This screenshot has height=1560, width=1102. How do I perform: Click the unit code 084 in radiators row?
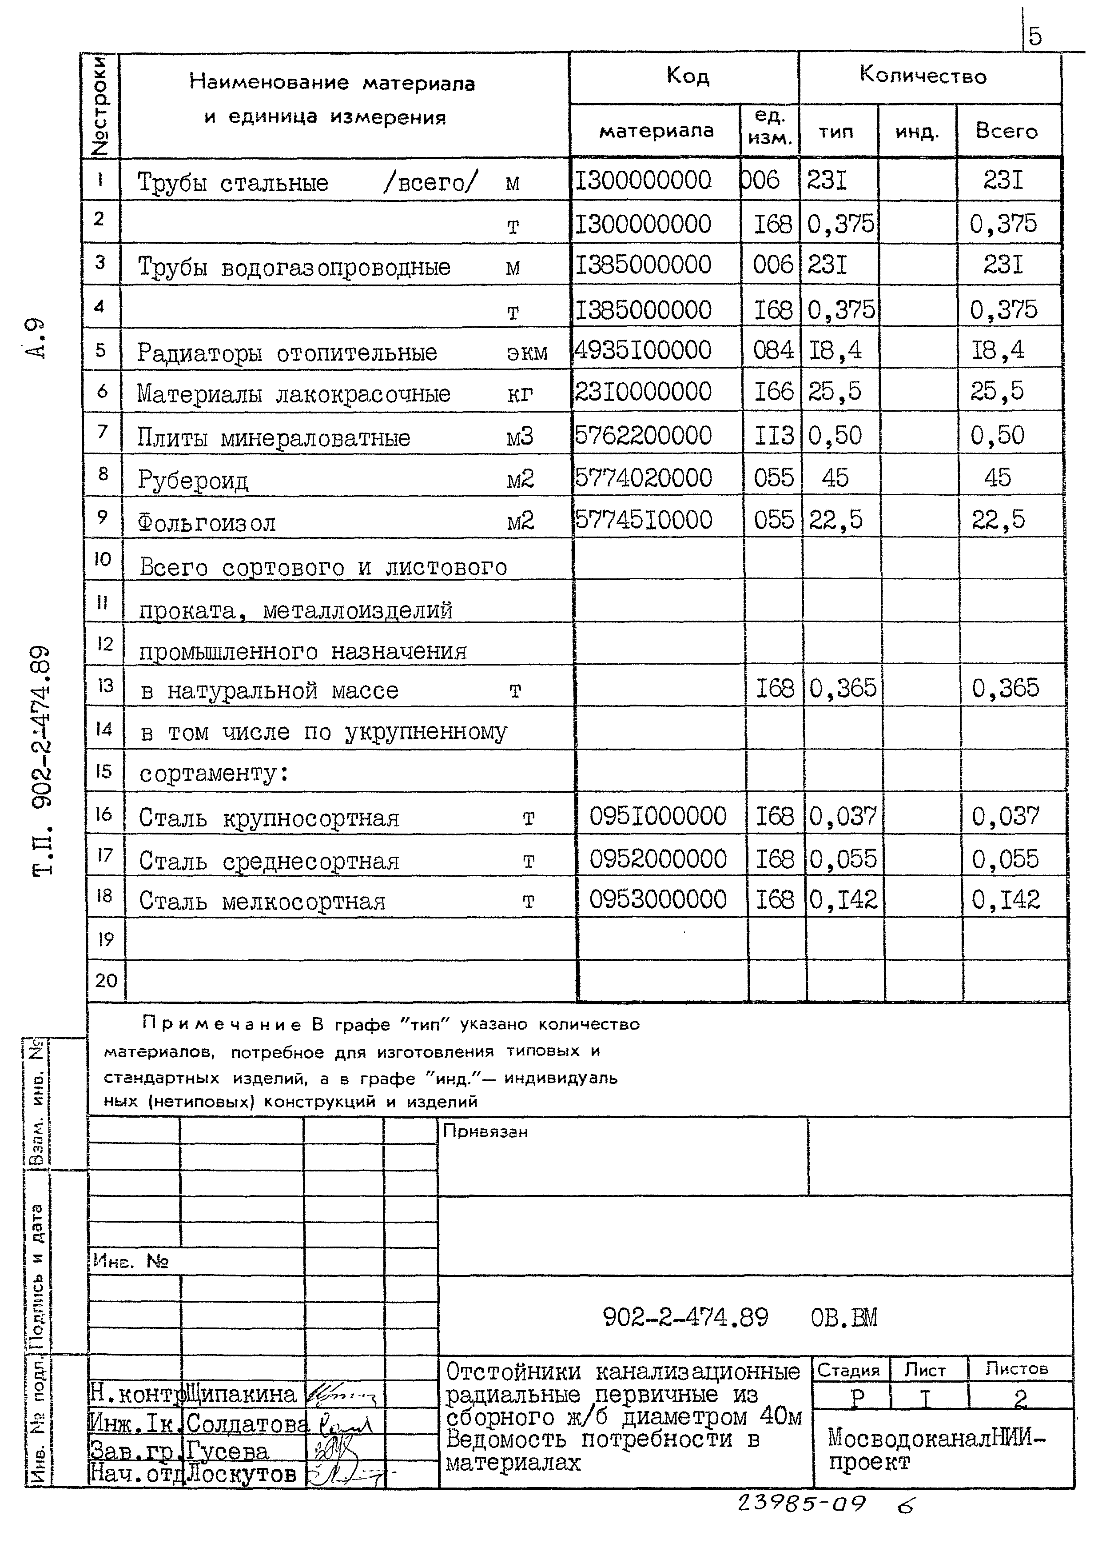pyautogui.click(x=773, y=351)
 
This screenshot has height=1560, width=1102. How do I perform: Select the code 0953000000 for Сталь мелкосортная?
pyautogui.click(x=658, y=899)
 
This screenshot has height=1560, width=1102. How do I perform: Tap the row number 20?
pyautogui.click(x=106, y=980)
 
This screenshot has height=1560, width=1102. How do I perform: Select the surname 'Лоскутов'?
pyautogui.click(x=242, y=1474)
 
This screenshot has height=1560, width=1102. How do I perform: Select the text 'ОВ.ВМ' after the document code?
pyautogui.click(x=844, y=1319)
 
